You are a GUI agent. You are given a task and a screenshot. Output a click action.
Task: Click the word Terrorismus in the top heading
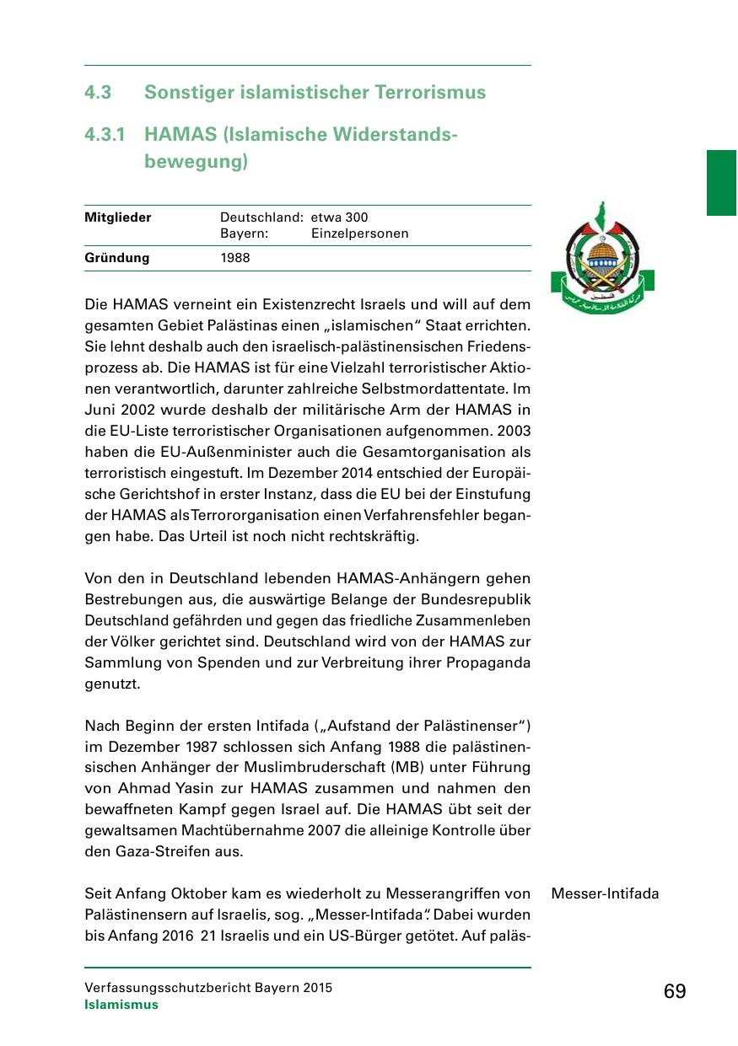coord(434,92)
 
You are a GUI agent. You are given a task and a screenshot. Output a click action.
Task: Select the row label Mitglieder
coord(118,217)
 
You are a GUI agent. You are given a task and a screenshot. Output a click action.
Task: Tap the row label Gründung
coord(116,258)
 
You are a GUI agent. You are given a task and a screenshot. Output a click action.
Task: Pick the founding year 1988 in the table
coord(235,258)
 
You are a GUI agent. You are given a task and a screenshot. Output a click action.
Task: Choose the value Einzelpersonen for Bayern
coord(359,233)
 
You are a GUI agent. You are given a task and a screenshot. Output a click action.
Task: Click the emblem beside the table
coord(602,258)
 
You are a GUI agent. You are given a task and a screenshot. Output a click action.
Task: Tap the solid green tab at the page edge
coord(722,183)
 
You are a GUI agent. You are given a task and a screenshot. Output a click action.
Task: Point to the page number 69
coord(675,991)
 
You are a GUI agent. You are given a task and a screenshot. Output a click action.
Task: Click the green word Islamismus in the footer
coord(121,1005)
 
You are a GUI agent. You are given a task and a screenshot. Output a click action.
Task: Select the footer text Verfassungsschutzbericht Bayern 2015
coord(208,988)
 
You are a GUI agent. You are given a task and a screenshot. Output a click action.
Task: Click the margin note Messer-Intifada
coord(605,893)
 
